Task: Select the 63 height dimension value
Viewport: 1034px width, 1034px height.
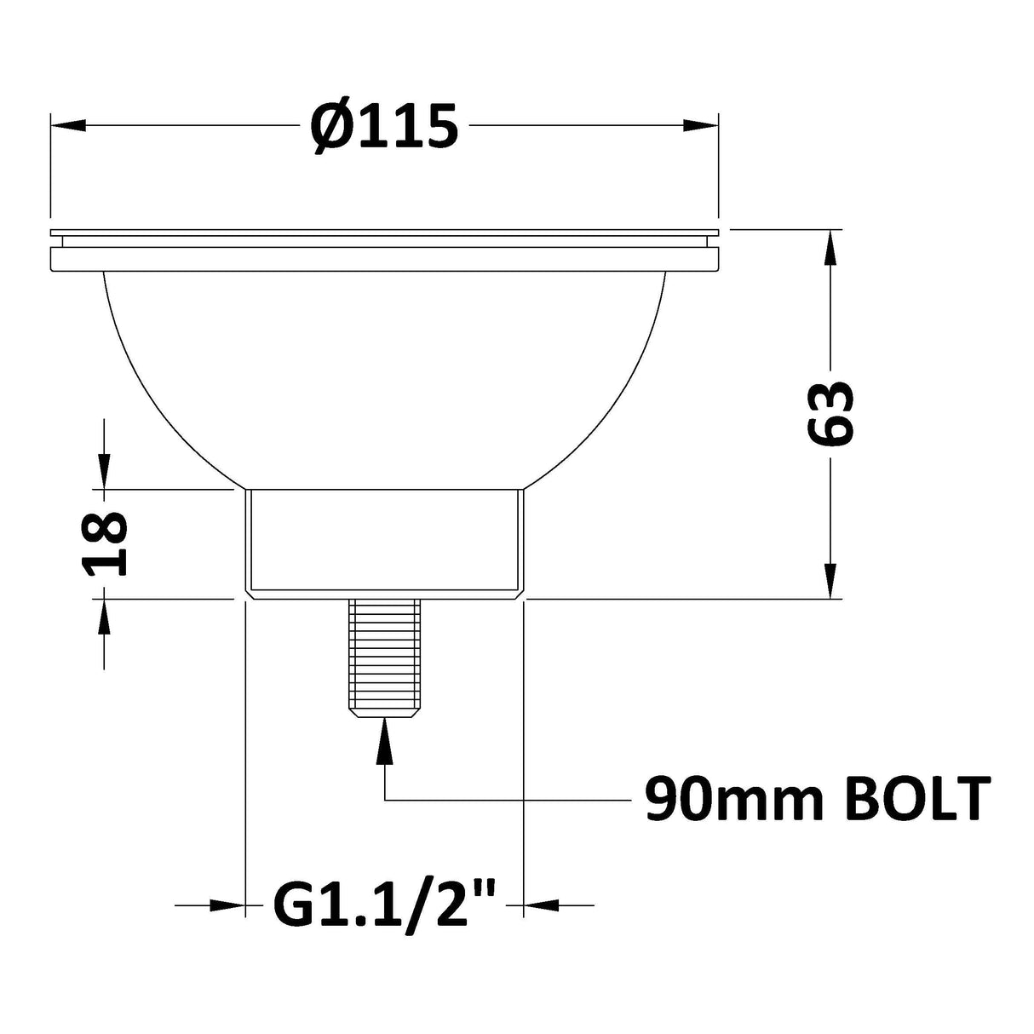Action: (829, 413)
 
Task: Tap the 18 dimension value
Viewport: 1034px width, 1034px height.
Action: (106, 544)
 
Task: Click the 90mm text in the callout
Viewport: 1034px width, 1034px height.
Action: (715, 799)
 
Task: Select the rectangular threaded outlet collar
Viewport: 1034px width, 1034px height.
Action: (384, 543)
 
